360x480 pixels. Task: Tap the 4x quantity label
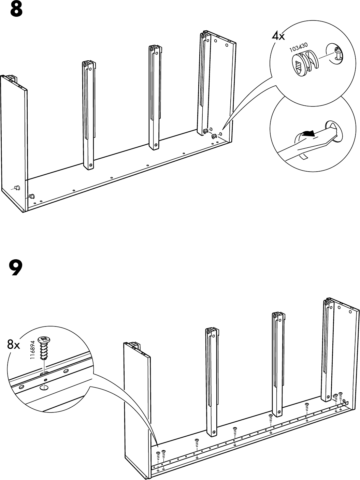[x=278, y=36]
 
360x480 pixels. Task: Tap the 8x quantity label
[x=14, y=345]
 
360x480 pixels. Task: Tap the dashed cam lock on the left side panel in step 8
[x=16, y=188]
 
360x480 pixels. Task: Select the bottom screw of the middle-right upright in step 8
[x=156, y=145]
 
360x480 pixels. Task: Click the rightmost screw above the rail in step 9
[x=340, y=396]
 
